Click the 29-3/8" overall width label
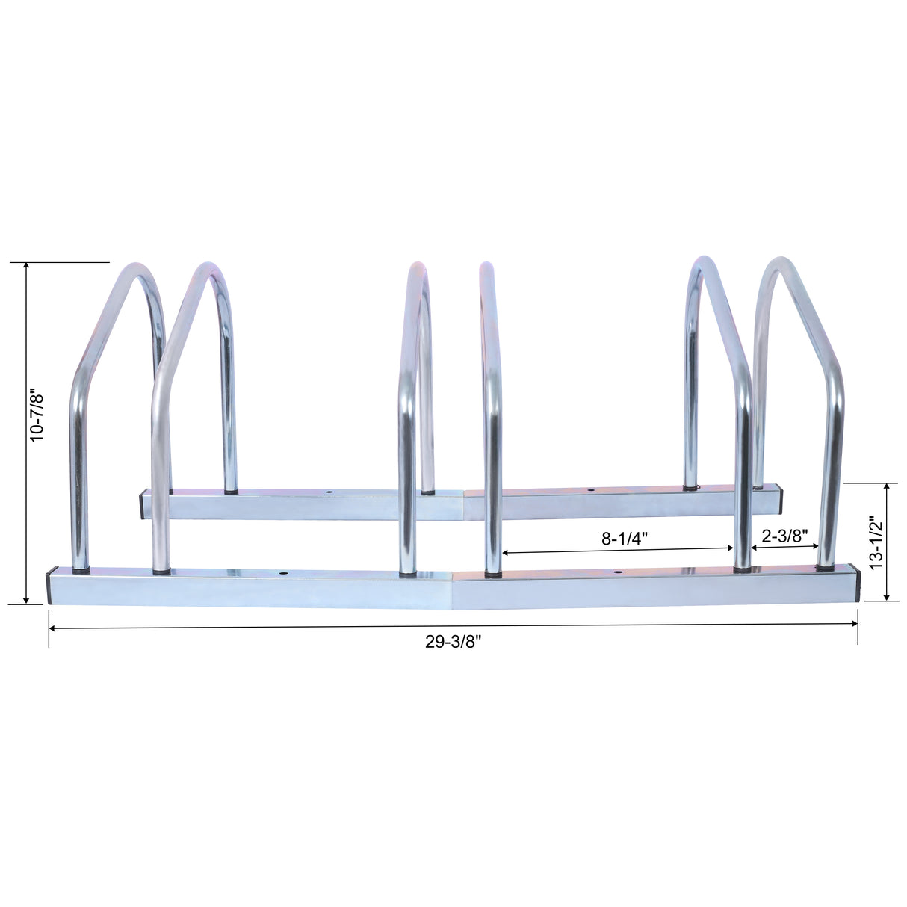(453, 642)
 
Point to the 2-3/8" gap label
(784, 535)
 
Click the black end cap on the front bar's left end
(49, 587)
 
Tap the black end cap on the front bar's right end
(857, 583)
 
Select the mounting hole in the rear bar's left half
(327, 493)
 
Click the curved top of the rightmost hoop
(779, 264)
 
